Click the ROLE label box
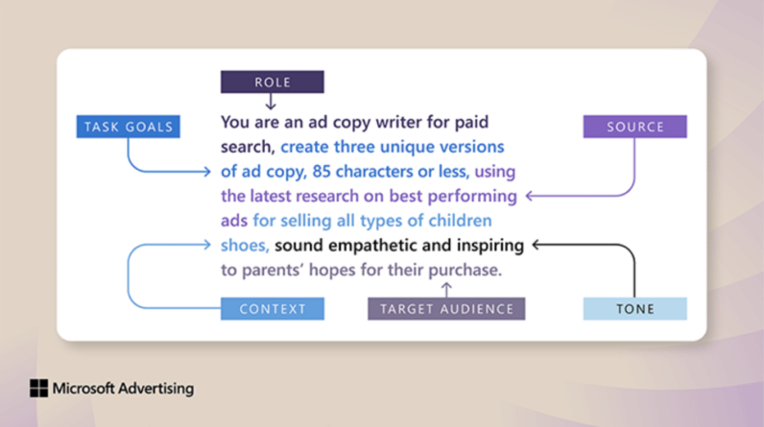[273, 83]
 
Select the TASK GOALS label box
[128, 126]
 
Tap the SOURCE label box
[634, 127]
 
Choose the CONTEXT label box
[273, 308]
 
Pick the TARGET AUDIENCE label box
[446, 308]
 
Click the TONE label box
[634, 308]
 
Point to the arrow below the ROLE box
[272, 102]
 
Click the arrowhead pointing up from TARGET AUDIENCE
[445, 286]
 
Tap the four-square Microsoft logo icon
[38, 389]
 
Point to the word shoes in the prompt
[243, 246]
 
